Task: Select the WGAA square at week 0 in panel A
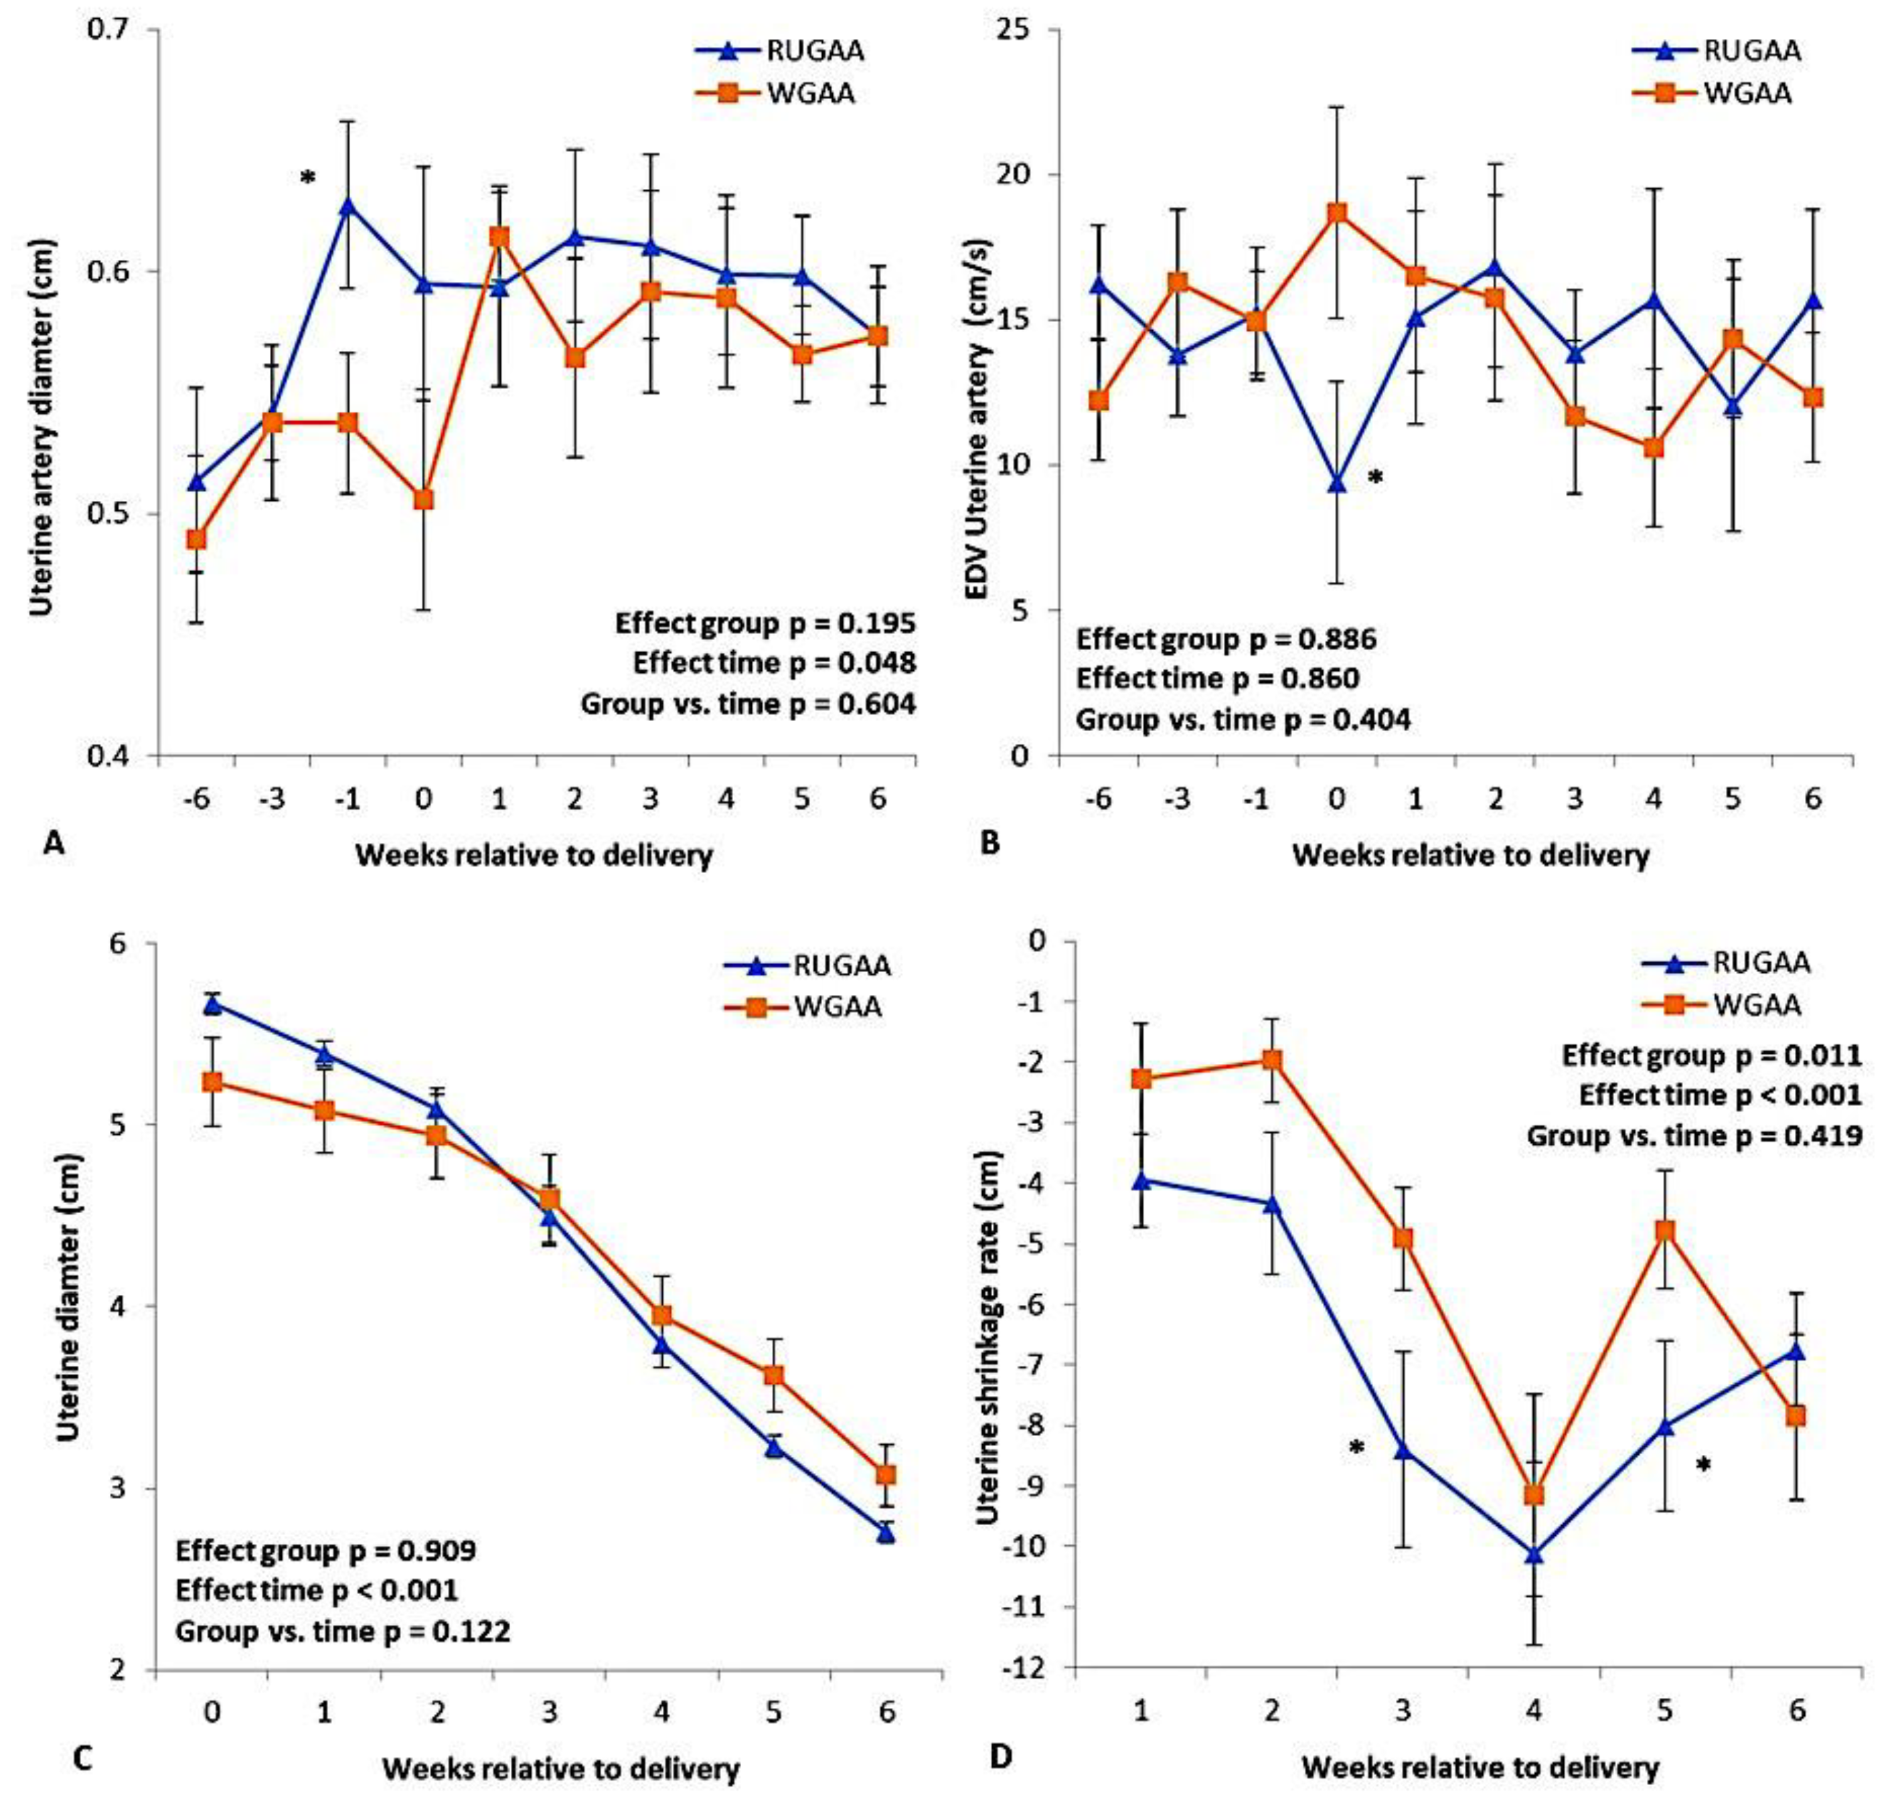424,499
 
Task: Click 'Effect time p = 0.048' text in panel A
774,663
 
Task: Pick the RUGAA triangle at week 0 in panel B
1336,483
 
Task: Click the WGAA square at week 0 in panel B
1336,212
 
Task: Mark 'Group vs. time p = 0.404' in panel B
1243,719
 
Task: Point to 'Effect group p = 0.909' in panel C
326,1550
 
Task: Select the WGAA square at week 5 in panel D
1666,1231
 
